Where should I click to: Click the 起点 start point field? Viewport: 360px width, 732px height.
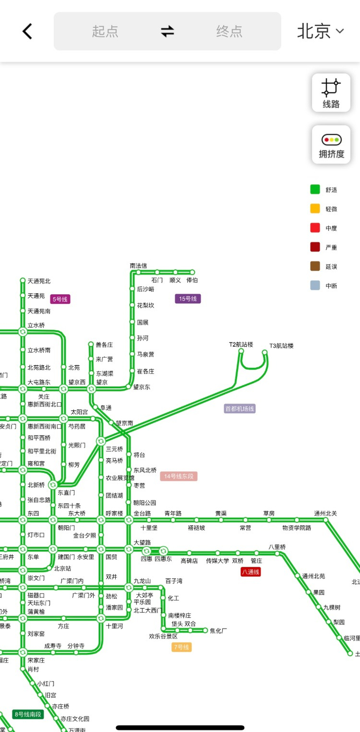point(105,31)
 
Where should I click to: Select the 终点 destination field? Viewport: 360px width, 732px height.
point(229,31)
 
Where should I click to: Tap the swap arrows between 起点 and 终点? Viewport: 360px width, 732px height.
point(167,31)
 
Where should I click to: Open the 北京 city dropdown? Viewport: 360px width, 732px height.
point(320,31)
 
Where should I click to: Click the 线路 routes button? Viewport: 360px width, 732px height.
point(331,93)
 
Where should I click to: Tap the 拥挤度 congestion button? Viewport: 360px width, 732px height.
point(331,145)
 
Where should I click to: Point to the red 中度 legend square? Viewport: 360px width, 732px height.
point(315,228)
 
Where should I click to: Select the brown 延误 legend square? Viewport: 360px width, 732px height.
point(315,266)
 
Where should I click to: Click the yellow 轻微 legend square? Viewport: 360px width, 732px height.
point(315,209)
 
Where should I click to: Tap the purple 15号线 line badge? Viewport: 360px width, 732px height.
point(188,298)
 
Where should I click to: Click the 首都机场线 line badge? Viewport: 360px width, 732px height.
point(240,409)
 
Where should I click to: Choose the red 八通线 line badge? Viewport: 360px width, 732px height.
point(251,572)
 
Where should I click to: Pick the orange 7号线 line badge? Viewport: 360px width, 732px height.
point(182,647)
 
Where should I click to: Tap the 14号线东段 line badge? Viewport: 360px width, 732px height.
point(178,476)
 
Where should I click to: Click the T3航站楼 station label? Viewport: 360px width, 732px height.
point(281,346)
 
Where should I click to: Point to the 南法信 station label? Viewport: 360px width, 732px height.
point(138,265)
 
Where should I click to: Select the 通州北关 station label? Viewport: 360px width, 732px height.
point(326,513)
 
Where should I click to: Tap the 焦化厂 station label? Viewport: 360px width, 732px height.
point(218,631)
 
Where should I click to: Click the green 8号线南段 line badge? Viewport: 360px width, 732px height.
point(28,715)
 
